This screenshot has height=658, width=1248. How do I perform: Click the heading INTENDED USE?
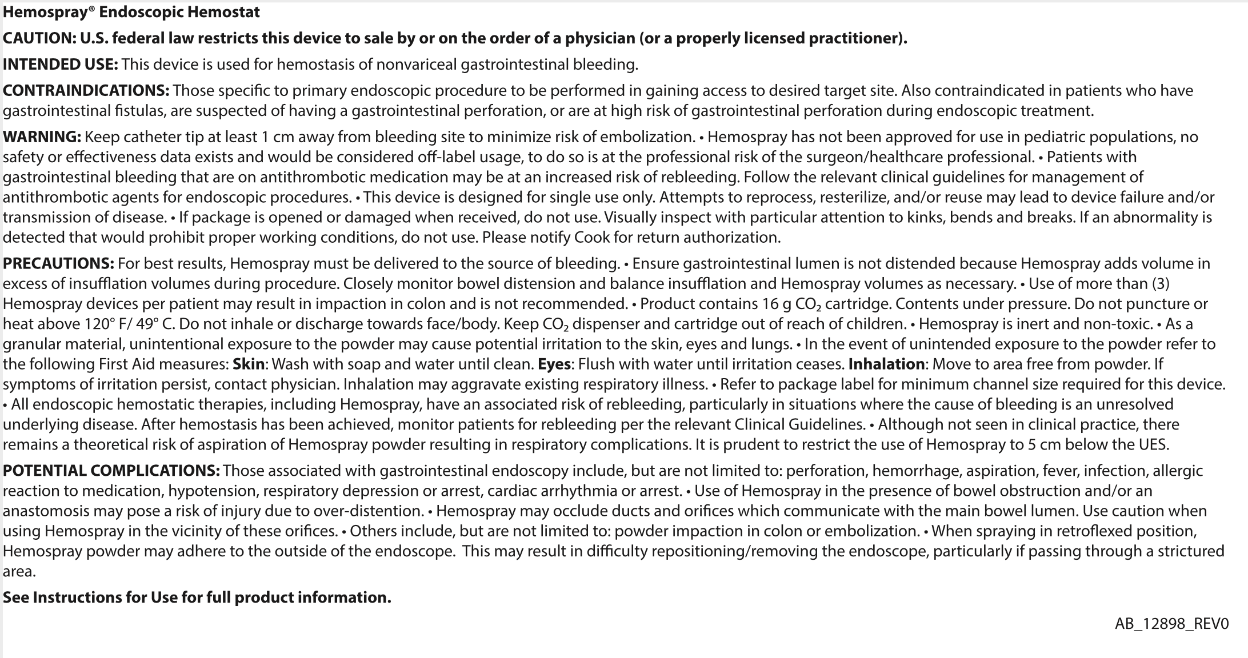click(60, 65)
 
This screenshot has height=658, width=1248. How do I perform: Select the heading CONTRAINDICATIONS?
click(86, 91)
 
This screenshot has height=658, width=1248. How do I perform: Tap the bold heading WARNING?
click(42, 137)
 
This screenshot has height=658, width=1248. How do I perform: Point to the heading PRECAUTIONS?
click(58, 264)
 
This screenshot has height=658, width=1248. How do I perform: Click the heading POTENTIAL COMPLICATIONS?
click(111, 471)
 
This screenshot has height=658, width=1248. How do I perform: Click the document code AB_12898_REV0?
click(1171, 624)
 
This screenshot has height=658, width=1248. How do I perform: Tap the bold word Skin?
click(249, 364)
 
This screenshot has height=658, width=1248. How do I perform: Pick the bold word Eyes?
click(554, 364)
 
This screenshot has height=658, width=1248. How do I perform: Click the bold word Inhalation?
click(886, 364)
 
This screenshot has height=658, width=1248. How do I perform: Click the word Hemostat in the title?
click(230, 12)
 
